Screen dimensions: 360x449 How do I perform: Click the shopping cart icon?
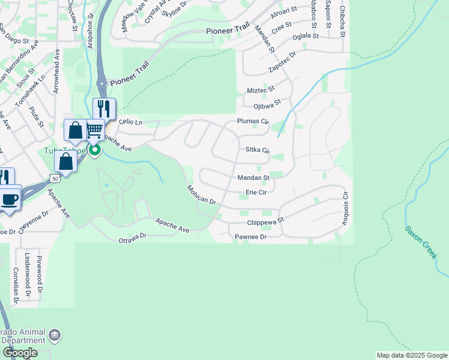94,130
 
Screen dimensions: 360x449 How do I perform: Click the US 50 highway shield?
55,179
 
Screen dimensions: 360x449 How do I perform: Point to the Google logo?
20,353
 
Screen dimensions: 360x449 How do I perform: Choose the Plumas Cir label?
253,121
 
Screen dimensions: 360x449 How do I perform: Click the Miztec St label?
261,89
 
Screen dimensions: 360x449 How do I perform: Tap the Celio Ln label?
130,122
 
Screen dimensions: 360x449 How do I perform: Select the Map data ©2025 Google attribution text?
412,355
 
